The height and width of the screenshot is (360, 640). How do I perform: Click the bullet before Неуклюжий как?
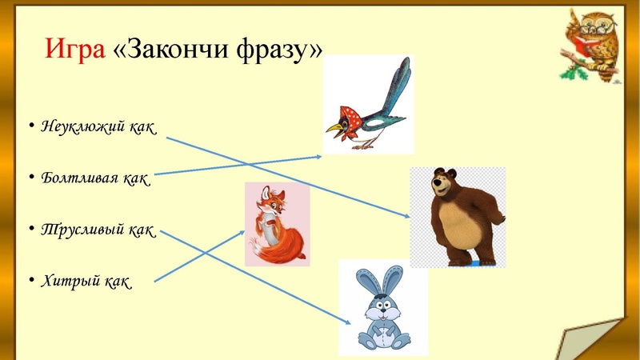pyautogui.click(x=30, y=127)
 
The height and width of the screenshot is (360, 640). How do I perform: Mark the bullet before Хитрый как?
pyautogui.click(x=30, y=281)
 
